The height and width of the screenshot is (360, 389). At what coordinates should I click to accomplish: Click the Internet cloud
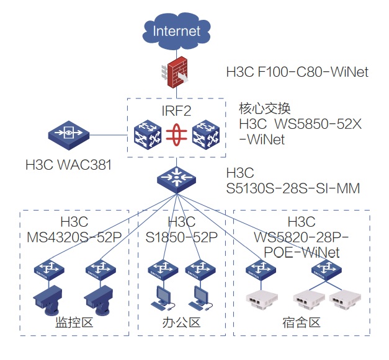(x=177, y=30)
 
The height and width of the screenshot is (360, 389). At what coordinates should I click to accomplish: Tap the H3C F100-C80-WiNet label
(x=297, y=72)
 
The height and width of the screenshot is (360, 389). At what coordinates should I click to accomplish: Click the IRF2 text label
(x=176, y=111)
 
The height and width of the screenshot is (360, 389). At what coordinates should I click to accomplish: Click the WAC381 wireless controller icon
(x=68, y=135)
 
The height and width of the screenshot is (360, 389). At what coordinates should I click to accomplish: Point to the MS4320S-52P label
(x=74, y=237)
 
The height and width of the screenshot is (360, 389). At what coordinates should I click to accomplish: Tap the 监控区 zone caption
(x=74, y=323)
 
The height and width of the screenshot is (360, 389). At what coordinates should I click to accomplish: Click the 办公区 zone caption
(x=186, y=323)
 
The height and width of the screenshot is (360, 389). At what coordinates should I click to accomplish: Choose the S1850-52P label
(x=182, y=237)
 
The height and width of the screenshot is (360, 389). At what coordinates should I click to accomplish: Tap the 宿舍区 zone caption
(x=301, y=323)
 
